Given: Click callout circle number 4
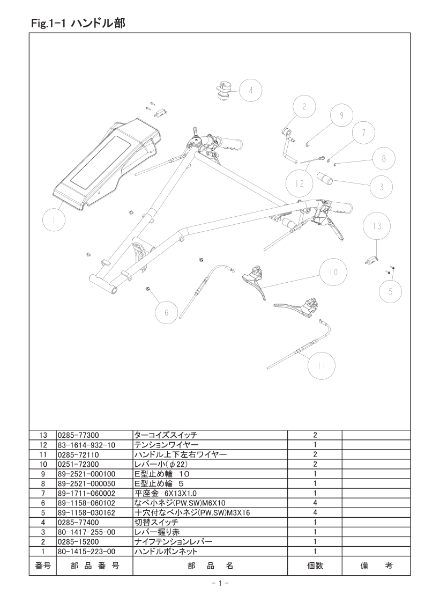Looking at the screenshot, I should tap(251, 91).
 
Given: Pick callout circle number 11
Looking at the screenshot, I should tap(322, 366).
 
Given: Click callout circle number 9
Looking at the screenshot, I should tap(341, 115).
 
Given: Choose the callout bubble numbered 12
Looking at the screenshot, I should tap(299, 183).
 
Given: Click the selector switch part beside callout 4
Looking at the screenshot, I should tap(224, 89).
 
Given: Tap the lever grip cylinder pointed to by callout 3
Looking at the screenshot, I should tap(327, 178).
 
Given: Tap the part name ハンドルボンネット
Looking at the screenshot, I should tap(166, 551).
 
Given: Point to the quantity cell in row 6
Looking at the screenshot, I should tap(315, 503).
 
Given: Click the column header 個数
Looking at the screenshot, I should tap(315, 566).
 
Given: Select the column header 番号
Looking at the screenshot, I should tap(42, 566).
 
